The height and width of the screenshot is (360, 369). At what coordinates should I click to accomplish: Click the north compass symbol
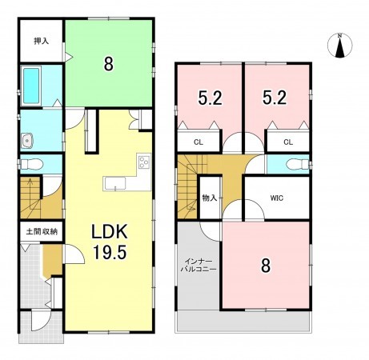[339, 46]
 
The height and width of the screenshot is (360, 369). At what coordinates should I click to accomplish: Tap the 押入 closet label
[42, 41]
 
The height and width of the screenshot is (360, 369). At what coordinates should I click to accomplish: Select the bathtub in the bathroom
[31, 86]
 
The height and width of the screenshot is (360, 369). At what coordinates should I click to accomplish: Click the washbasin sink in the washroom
[27, 140]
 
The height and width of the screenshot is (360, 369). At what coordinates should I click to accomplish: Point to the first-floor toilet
[31, 164]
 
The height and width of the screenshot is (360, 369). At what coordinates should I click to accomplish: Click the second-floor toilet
[297, 164]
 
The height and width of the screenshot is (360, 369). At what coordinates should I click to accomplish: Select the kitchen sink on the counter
[115, 184]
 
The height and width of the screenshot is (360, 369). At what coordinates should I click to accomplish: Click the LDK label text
[110, 231]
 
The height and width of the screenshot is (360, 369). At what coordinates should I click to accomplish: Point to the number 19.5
[110, 252]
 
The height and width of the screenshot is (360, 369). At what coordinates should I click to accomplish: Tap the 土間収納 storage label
[42, 231]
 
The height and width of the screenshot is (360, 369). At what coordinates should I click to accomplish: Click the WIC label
[277, 198]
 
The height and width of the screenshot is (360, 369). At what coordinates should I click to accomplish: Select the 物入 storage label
[210, 198]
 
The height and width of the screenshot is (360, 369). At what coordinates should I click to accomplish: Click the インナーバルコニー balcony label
[199, 265]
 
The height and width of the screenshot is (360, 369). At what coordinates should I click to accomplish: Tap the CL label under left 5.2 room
[199, 142]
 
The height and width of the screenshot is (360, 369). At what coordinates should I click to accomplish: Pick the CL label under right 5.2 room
[288, 142]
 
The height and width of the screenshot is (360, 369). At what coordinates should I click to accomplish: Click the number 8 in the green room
[108, 64]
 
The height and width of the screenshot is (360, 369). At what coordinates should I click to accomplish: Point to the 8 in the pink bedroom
[266, 266]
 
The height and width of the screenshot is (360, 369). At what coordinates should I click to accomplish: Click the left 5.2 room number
[210, 98]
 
